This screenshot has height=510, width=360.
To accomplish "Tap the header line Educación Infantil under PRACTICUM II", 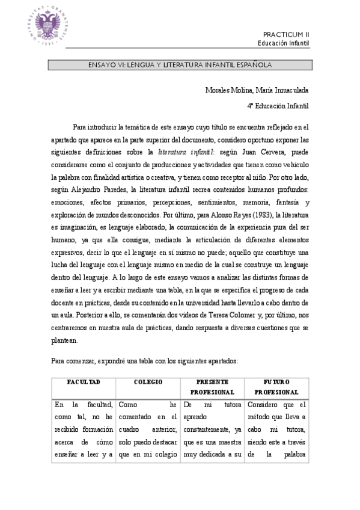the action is point(284,44).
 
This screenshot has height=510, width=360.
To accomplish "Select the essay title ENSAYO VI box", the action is point(180,64).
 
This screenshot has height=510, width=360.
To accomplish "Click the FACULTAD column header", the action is point(84,382).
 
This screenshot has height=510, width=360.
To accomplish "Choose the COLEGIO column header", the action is point(148,382).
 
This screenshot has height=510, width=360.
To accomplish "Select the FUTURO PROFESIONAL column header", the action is point(276,387).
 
